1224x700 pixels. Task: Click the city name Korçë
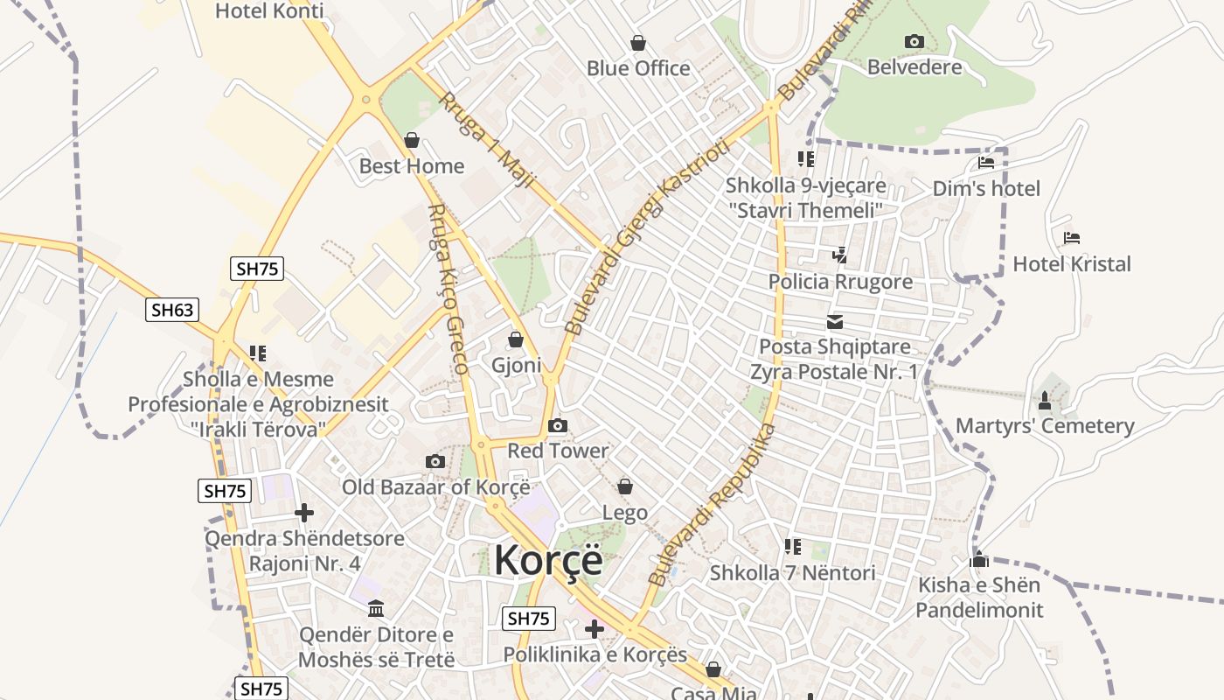tap(548, 560)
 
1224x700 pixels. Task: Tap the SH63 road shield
tap(172, 309)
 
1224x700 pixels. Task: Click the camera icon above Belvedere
tap(914, 41)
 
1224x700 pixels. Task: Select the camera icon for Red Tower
tap(557, 426)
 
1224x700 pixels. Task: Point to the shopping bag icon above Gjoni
tap(516, 339)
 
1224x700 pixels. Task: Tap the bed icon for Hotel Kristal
tap(1072, 238)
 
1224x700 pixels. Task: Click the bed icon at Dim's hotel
tap(986, 163)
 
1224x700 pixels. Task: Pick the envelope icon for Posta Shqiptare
tap(835, 321)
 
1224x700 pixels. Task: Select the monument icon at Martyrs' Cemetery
tap(1044, 401)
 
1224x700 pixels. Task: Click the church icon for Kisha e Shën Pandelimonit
tap(979, 559)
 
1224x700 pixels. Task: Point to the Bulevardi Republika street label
tap(713, 504)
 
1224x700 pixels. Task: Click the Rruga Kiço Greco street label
tap(449, 289)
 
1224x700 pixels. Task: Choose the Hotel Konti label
tap(269, 11)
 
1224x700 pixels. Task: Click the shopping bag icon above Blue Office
tap(638, 43)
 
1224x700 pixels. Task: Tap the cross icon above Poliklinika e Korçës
tap(595, 629)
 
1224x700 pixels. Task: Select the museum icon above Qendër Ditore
tap(376, 608)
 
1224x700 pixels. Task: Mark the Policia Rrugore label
tap(840, 282)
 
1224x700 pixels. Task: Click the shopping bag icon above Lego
tap(625, 486)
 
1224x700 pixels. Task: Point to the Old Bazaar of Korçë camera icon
tap(435, 461)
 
